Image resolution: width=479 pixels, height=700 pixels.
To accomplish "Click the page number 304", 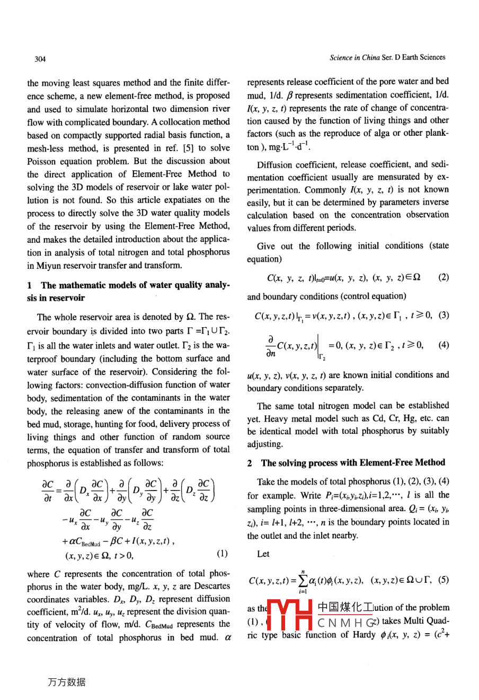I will pos(40,59).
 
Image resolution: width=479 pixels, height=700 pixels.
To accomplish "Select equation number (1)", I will pos(222,554).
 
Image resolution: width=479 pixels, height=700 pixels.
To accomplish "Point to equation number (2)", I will pos(443,277).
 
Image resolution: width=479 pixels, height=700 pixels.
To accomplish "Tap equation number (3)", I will pos(443,315).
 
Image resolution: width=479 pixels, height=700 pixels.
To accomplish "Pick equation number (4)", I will pos(443,345).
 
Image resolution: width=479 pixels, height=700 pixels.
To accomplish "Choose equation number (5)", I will pos(443,580).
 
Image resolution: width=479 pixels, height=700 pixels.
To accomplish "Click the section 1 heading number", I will pos(30,285).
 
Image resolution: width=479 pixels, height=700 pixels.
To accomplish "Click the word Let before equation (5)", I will pos(263,554).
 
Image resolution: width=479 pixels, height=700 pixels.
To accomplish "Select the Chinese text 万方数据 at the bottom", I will pos(66,682).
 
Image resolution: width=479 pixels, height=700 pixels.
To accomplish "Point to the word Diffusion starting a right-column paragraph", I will pos(274,164).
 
